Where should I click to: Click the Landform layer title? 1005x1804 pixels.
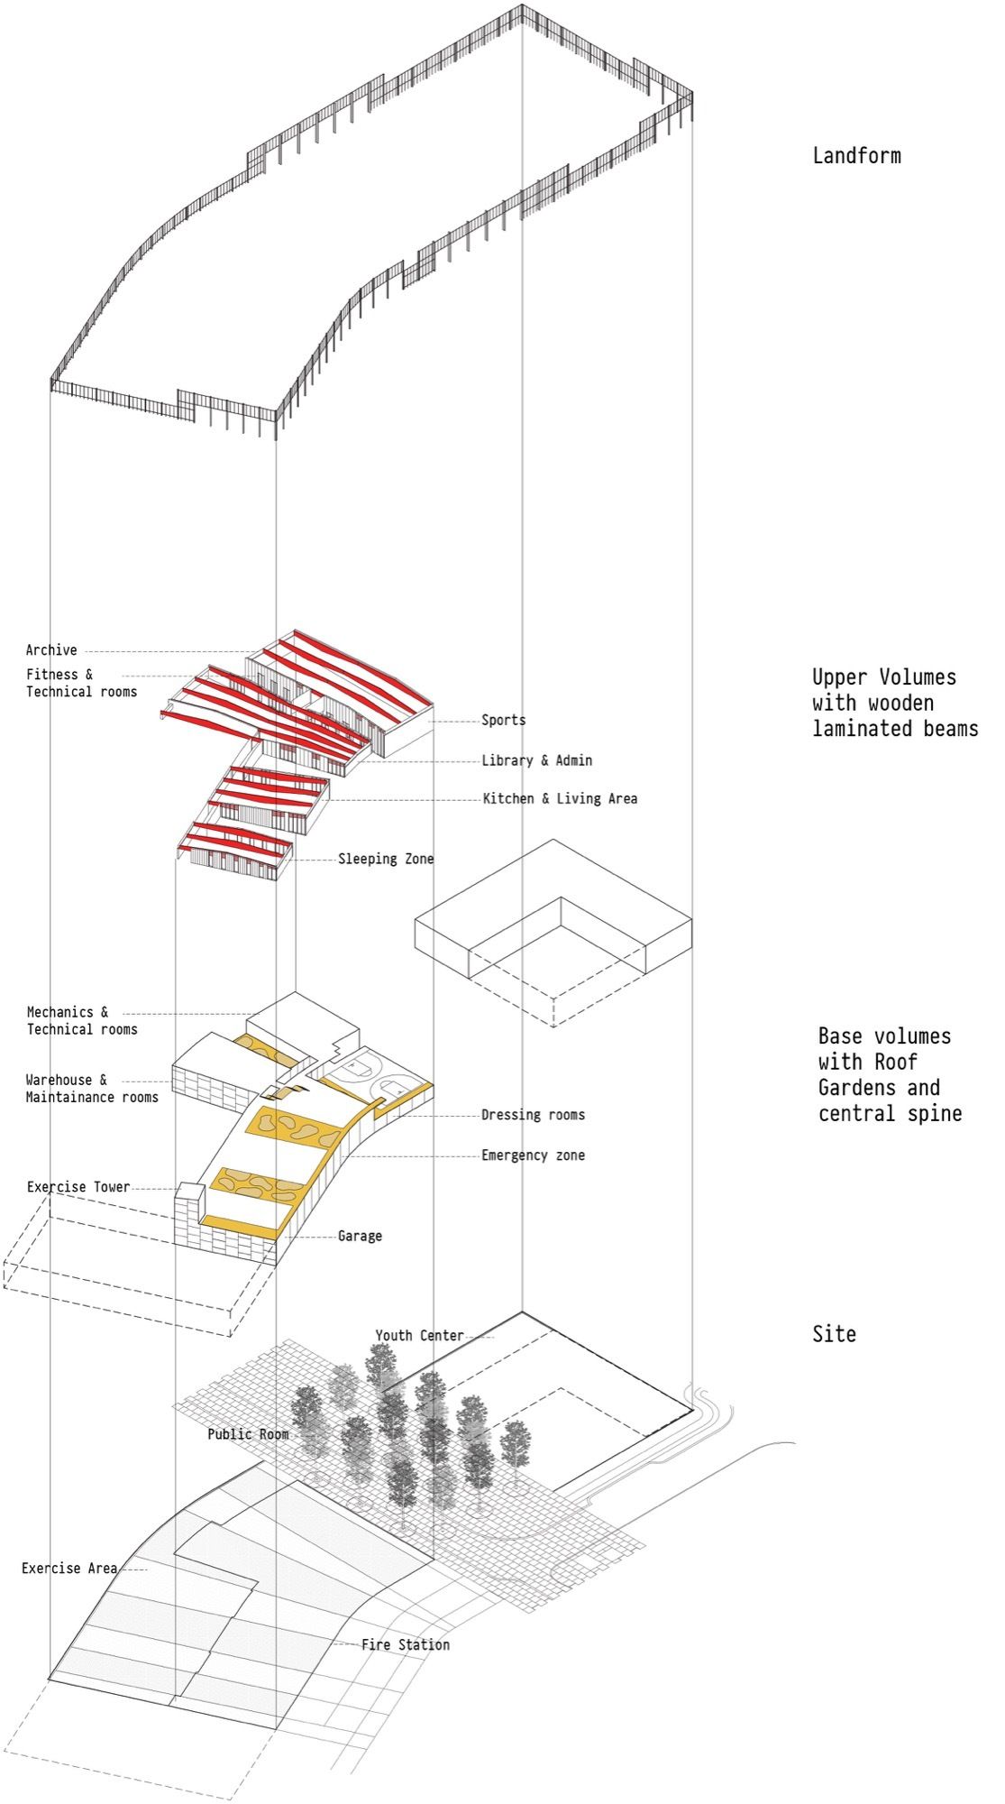click(856, 156)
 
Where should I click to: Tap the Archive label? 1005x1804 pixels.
click(51, 650)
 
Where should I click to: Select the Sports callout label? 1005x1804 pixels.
click(503, 721)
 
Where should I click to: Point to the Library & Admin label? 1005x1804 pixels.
click(536, 760)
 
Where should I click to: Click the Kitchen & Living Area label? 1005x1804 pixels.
click(560, 799)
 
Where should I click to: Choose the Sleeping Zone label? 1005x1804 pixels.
click(386, 860)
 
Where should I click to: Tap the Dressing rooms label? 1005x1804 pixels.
click(533, 1115)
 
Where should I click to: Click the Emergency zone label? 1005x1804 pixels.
click(533, 1155)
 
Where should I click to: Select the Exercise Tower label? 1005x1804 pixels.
click(78, 1187)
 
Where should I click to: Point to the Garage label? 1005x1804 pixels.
click(360, 1236)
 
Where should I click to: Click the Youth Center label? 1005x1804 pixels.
click(419, 1336)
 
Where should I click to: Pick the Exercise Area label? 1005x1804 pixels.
click(69, 1569)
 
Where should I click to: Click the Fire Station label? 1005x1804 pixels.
click(406, 1645)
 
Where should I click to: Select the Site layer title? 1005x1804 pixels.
click(834, 1334)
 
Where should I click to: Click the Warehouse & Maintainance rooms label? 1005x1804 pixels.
click(92, 1089)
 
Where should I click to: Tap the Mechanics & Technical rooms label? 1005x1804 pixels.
click(82, 1021)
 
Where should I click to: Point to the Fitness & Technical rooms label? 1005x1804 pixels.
click(81, 683)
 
